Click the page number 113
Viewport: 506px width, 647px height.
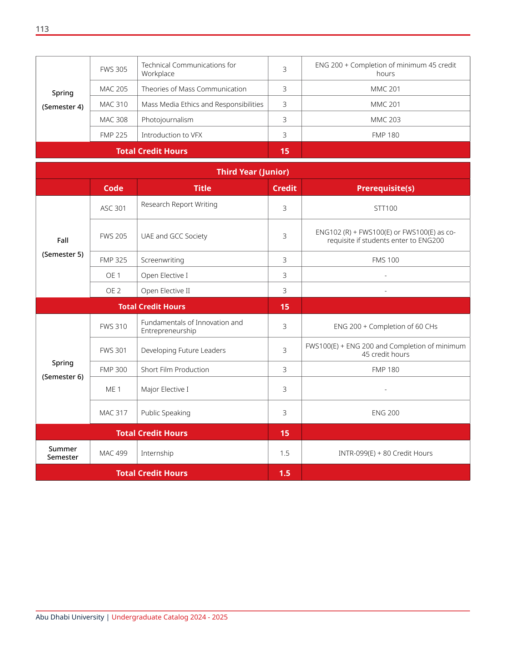point(42,29)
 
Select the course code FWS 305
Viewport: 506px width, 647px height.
point(113,69)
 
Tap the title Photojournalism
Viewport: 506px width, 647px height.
point(167,120)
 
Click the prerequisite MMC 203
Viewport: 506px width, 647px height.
point(385,120)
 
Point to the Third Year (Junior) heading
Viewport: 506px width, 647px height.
point(253,172)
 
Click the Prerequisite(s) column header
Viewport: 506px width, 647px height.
point(385,188)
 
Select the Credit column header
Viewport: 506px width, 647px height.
point(284,188)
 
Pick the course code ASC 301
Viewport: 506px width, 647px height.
point(113,208)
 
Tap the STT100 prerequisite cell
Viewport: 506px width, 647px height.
point(385,208)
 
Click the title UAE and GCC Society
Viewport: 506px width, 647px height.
point(174,236)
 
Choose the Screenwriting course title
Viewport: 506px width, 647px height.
point(162,260)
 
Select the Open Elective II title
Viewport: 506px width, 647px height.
point(166,291)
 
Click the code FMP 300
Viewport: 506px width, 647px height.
point(113,370)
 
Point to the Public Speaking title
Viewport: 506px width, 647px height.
point(166,413)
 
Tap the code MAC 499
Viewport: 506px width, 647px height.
point(113,453)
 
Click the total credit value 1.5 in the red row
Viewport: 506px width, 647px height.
point(284,473)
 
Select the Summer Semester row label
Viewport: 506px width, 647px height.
point(63,453)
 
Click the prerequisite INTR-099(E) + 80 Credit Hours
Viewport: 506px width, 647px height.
point(385,453)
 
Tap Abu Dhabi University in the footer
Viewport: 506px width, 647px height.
point(70,617)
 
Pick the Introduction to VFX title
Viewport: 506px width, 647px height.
point(172,135)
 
